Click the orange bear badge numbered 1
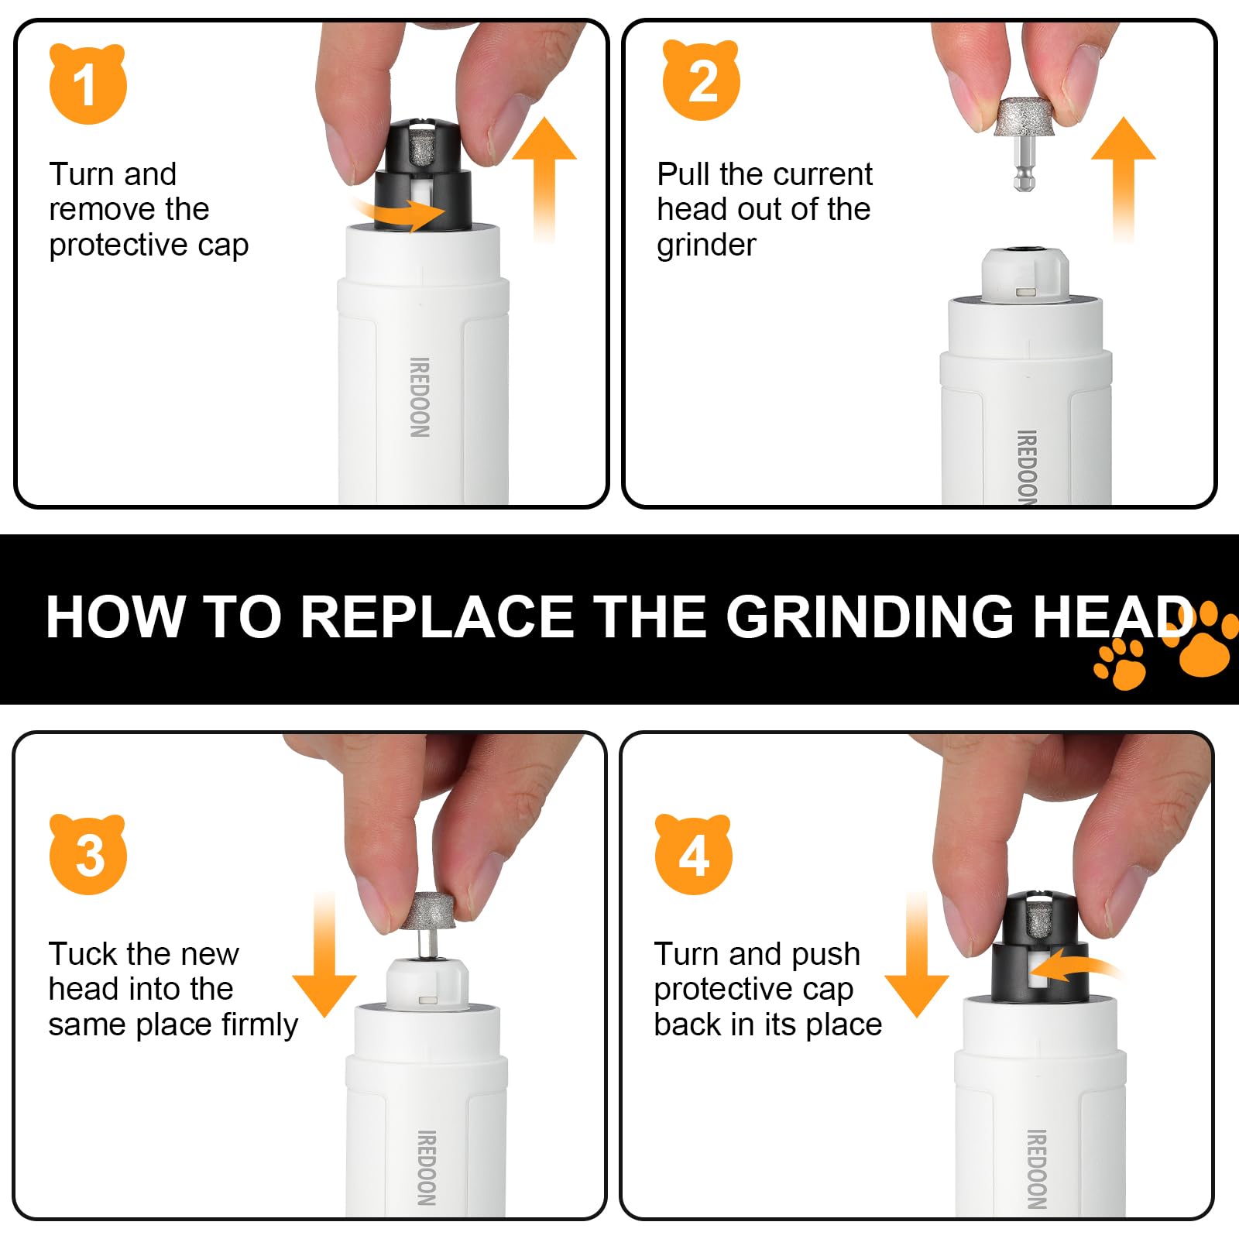tap(88, 84)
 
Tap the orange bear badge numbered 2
tap(702, 80)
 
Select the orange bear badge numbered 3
tap(88, 854)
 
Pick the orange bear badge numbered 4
tap(693, 854)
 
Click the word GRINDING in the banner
tap(870, 617)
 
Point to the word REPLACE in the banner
tap(437, 617)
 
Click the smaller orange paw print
tap(1120, 664)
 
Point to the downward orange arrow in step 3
tap(324, 954)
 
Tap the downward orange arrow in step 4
tap(917, 954)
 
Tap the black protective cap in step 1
tap(423, 174)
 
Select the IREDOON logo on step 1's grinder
tap(419, 397)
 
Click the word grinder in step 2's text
tap(706, 245)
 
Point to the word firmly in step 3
tap(259, 1024)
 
